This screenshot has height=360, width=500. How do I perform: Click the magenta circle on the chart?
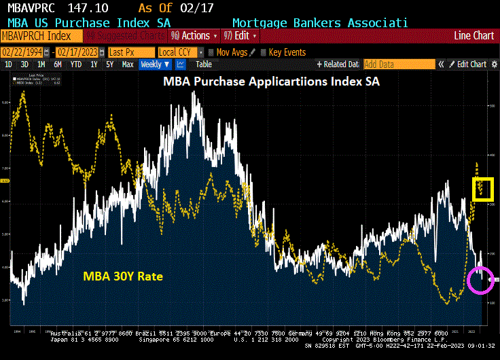click(x=480, y=280)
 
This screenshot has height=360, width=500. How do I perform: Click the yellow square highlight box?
click(x=483, y=189)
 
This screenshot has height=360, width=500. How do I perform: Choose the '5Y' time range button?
click(x=110, y=65)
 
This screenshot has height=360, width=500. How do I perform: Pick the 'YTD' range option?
click(x=76, y=65)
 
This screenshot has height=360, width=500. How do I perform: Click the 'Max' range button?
click(x=127, y=65)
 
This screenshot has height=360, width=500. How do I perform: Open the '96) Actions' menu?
click(x=194, y=35)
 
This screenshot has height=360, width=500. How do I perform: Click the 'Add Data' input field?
click(x=398, y=65)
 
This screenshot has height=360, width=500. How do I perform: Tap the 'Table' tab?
click(x=204, y=65)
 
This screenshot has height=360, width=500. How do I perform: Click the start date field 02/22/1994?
click(x=22, y=52)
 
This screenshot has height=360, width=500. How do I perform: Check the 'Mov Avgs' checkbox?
click(x=211, y=52)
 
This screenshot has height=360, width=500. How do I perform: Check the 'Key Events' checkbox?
click(x=264, y=52)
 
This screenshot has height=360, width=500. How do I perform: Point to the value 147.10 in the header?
click(x=94, y=7)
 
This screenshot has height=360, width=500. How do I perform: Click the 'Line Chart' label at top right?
click(x=474, y=35)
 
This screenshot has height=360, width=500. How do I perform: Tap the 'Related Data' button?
click(x=338, y=65)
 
